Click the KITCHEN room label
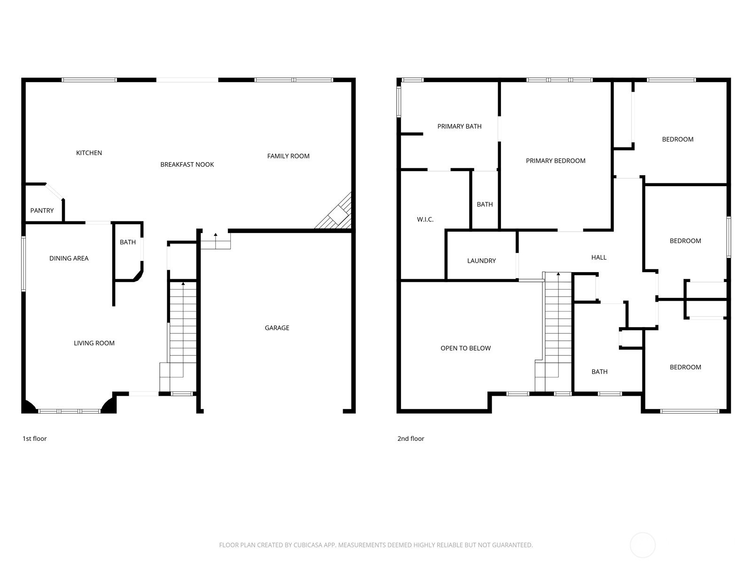89,153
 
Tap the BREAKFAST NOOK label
187,164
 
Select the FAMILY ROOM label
288,156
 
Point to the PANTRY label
42,211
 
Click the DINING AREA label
69,258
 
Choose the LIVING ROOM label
94,343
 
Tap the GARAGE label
277,328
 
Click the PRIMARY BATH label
459,126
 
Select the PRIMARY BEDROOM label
556,161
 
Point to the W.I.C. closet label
425,219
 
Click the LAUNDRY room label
481,260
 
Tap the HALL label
599,257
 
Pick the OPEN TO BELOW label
466,348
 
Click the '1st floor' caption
35,439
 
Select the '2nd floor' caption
411,439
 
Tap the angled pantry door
55,191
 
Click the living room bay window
69,411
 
